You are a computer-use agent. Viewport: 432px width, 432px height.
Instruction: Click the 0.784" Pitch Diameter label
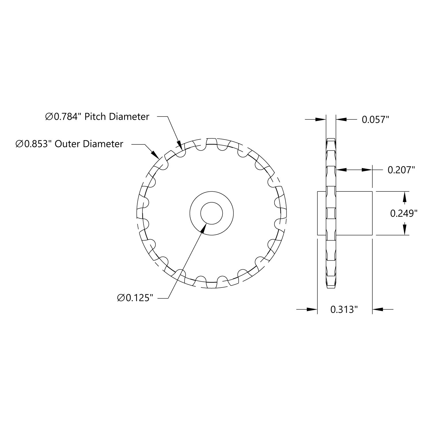pyautogui.click(x=97, y=117)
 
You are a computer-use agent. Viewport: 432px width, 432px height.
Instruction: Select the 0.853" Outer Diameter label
pyautogui.click(x=69, y=144)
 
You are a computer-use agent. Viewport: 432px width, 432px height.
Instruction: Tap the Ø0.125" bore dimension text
pyautogui.click(x=134, y=298)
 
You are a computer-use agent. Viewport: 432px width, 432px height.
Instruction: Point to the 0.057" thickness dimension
pyautogui.click(x=375, y=119)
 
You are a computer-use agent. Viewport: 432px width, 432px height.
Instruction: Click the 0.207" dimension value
pyautogui.click(x=401, y=170)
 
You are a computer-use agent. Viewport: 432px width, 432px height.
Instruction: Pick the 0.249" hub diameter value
pyautogui.click(x=404, y=213)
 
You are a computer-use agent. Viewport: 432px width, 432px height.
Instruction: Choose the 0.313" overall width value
pyautogui.click(x=344, y=310)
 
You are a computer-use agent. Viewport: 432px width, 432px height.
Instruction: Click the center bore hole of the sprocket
pyautogui.click(x=212, y=213)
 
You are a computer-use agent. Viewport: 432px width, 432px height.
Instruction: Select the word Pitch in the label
pyautogui.click(x=95, y=117)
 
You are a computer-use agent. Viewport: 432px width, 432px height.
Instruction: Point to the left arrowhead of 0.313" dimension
pyautogui.click(x=312, y=309)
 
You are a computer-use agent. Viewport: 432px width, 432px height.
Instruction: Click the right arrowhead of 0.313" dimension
pyautogui.click(x=378, y=309)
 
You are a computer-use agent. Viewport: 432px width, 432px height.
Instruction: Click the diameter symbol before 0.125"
pyautogui.click(x=121, y=298)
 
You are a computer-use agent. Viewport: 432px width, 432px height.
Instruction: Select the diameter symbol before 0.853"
pyautogui.click(x=20, y=144)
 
